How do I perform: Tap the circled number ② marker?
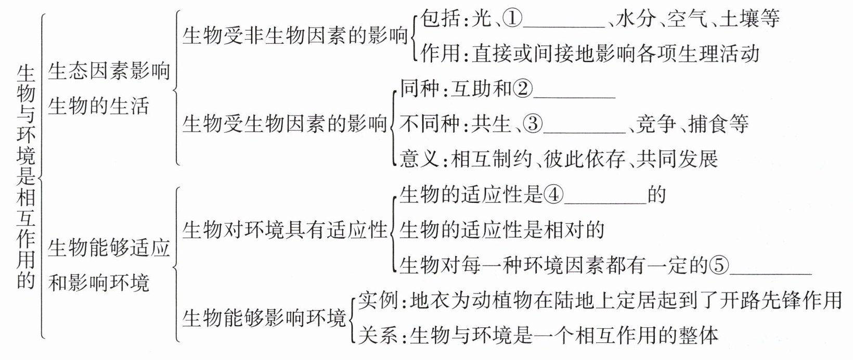pos(523,89)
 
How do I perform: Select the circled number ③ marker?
pos(533,124)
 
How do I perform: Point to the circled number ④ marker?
pos(553,195)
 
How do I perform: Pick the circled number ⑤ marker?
pos(719,266)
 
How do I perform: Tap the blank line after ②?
pos(575,96)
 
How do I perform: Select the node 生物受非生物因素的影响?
pos(295,36)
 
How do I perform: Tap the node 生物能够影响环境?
pos(264,318)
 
